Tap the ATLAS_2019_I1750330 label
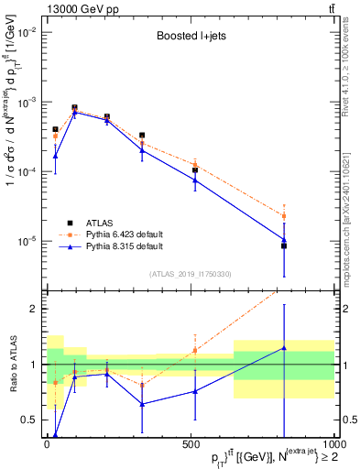(189, 273)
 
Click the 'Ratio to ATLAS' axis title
(12, 363)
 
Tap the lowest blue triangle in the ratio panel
(55, 435)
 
